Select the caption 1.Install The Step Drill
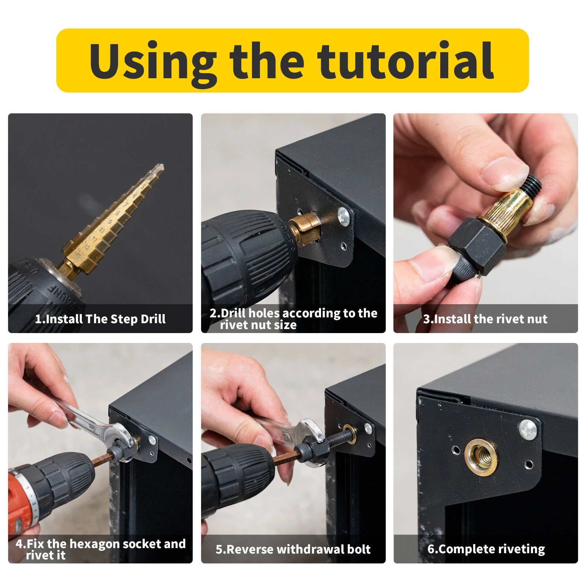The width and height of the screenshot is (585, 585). [100, 319]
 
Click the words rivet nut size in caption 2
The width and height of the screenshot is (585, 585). [258, 325]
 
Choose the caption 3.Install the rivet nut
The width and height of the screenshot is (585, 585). [485, 319]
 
